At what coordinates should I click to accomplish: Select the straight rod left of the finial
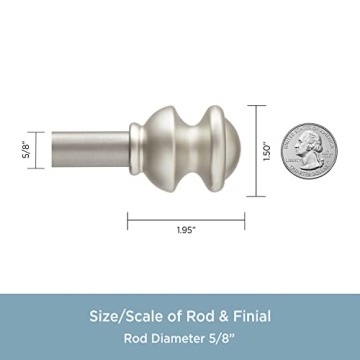coord(85,150)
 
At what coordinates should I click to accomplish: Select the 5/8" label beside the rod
coord(24,150)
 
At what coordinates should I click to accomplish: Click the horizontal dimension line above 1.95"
coord(183,215)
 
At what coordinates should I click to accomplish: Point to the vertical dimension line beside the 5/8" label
coord(37,150)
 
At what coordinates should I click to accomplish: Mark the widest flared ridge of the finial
coord(206,150)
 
